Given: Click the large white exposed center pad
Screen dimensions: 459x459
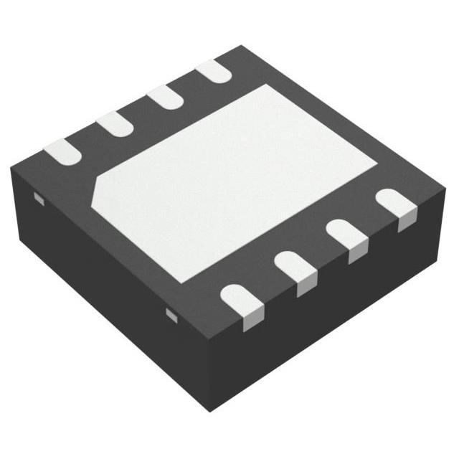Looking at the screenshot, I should tap(244, 179).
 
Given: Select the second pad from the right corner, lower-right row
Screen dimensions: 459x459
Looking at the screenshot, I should tap(346, 232).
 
